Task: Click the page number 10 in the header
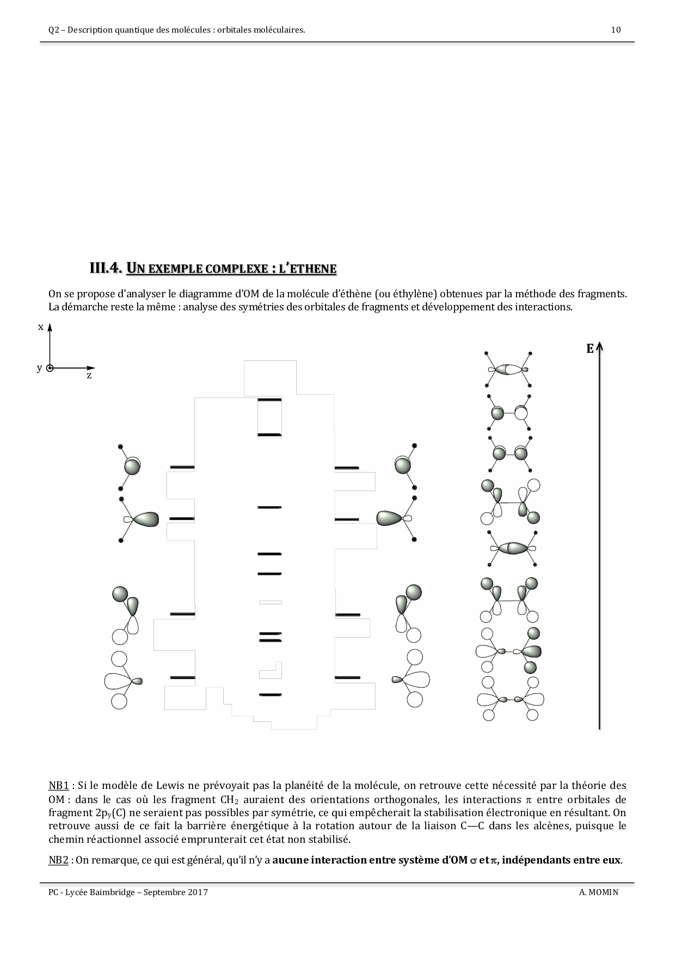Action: coord(616,30)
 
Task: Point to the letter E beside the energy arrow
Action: coord(590,350)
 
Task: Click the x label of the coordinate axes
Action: coord(40,327)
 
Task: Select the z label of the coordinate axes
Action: coord(89,376)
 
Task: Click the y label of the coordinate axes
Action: coord(39,368)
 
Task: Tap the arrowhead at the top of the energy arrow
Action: coord(599,346)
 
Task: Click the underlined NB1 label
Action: coord(58,786)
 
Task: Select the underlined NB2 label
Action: coord(58,860)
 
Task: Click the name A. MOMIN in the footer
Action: coord(599,892)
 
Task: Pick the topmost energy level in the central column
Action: coord(269,400)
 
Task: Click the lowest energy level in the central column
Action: coord(270,695)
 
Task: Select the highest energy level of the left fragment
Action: coord(182,468)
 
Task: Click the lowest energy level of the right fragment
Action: coord(347,678)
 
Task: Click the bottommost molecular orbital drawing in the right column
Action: coord(510,699)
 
